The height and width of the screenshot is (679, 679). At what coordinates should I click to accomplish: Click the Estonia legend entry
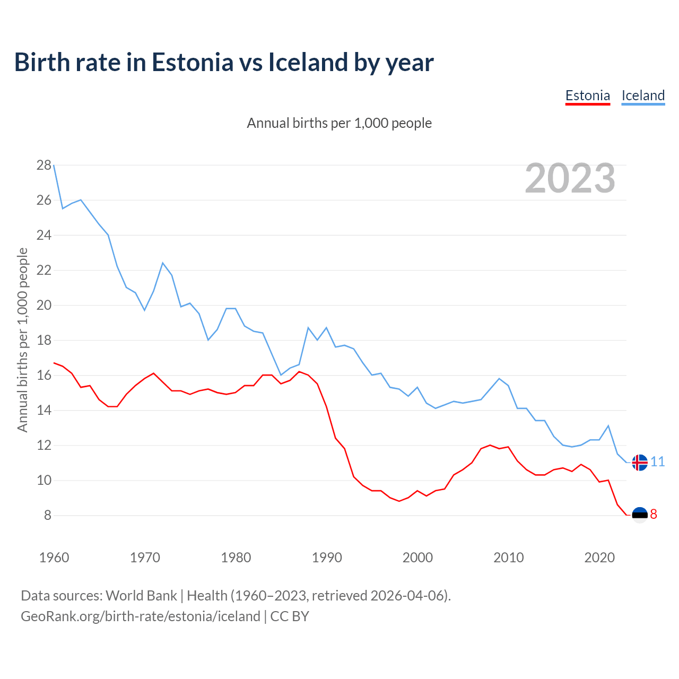[587, 96]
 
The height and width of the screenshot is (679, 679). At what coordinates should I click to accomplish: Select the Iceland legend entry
[643, 96]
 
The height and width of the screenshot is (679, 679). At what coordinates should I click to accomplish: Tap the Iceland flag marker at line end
[640, 463]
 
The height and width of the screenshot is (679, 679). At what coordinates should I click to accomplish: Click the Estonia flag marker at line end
[640, 515]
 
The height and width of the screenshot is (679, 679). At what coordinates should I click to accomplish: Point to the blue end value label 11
[658, 462]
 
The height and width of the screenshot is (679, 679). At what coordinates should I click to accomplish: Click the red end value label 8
[654, 515]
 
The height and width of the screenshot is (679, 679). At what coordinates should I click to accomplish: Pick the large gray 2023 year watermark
[570, 178]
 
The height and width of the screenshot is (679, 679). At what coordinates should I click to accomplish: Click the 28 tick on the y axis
[44, 166]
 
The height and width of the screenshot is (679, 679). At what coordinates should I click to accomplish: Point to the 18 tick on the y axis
[44, 341]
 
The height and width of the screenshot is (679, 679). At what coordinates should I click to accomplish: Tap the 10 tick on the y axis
[44, 481]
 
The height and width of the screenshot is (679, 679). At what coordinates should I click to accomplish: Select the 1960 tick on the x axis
[54, 558]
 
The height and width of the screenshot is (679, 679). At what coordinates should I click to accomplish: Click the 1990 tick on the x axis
[327, 558]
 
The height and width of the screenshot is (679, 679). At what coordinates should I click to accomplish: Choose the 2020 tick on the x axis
[599, 558]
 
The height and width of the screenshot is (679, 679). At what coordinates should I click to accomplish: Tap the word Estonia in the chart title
[193, 62]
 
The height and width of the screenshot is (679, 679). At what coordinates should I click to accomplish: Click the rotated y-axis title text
[22, 340]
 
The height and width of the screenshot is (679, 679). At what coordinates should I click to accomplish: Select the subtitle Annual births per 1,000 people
[339, 123]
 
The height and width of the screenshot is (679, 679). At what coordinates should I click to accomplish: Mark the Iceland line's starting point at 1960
[54, 166]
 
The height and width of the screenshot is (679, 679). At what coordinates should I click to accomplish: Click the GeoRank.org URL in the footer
[141, 616]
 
